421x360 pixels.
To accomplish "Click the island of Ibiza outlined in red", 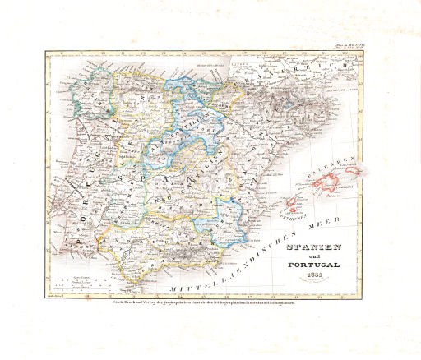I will click(294, 203).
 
